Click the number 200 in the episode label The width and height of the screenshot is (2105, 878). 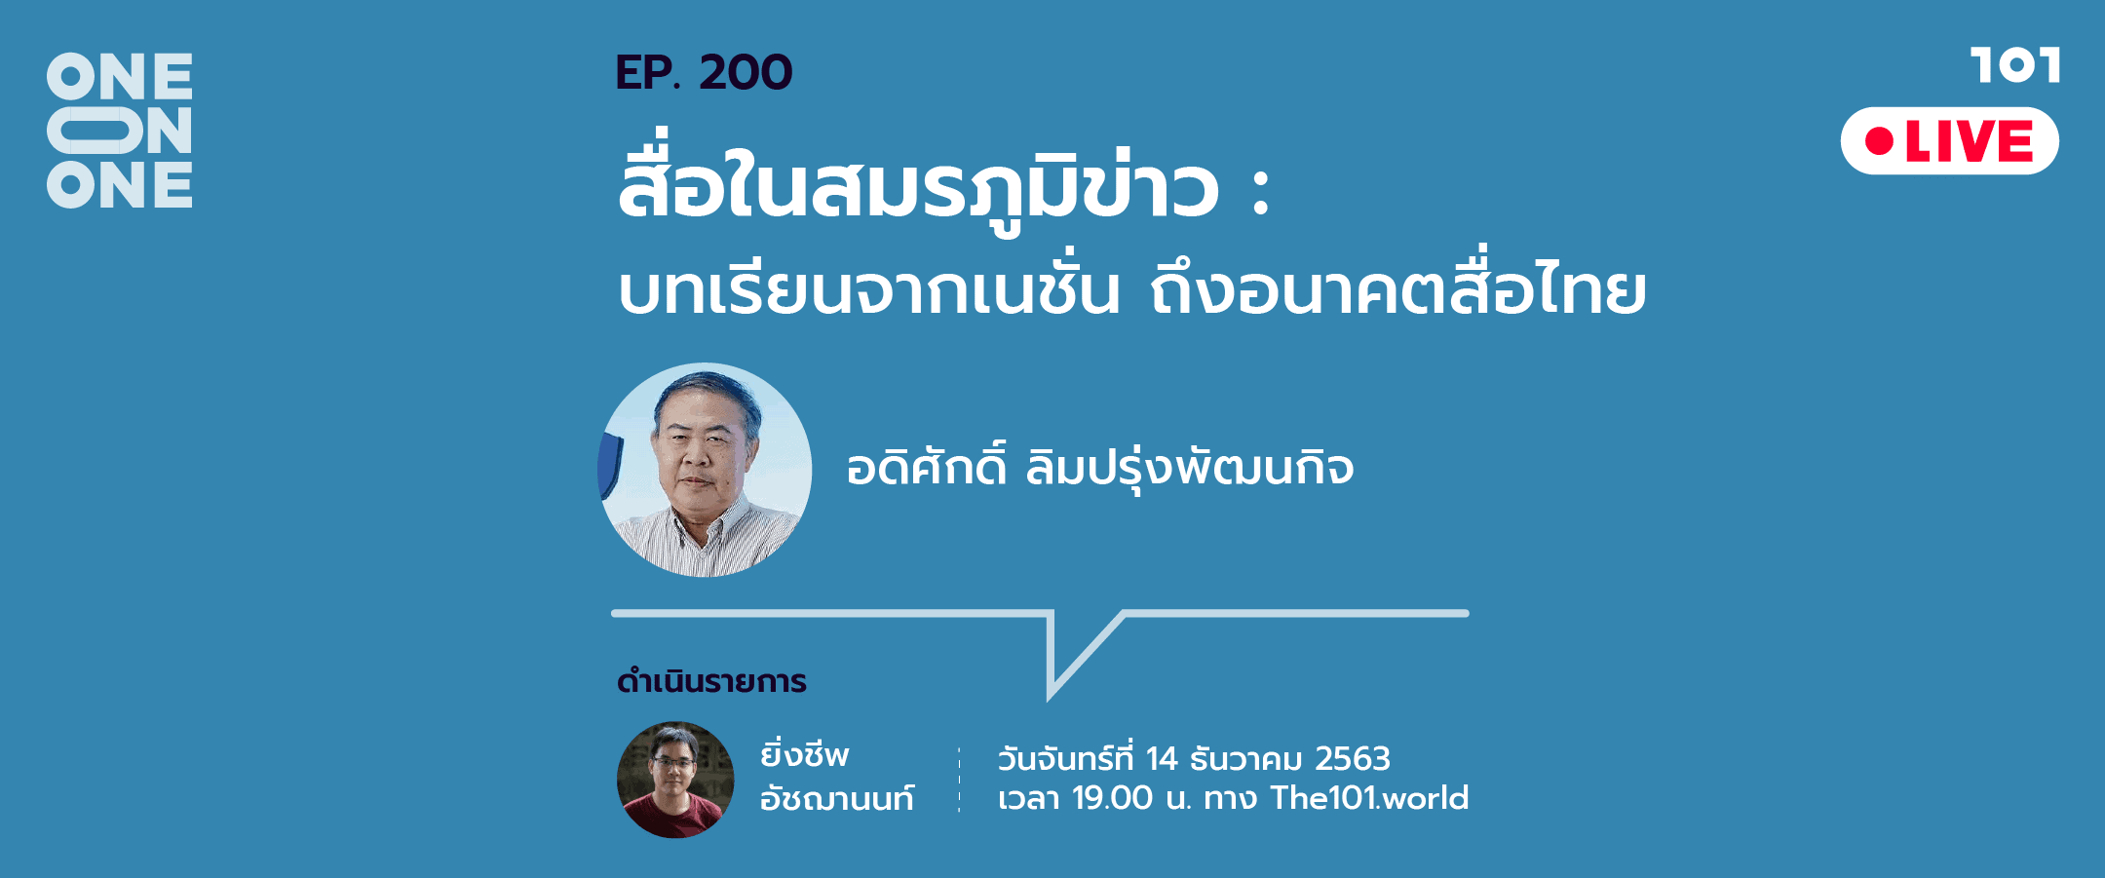(746, 73)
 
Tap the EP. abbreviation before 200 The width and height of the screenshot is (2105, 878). (648, 73)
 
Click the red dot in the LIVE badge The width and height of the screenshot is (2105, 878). (1879, 141)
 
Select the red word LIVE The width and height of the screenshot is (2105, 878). (1969, 141)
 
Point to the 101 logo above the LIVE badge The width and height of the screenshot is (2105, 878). (2014, 65)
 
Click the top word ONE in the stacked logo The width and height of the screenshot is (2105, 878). (119, 77)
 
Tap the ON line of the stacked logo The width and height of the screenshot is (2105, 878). (119, 131)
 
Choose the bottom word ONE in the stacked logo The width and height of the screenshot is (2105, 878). (119, 184)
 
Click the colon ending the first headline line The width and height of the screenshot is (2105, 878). (1261, 192)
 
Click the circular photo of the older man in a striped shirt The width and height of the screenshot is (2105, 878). (705, 470)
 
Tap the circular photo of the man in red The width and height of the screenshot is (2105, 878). (675, 780)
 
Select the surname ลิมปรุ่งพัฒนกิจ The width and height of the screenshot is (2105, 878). (1190, 467)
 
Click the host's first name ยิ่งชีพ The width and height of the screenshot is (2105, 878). (805, 753)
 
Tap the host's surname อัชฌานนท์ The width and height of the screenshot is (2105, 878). (837, 798)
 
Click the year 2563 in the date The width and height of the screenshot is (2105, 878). (1353, 758)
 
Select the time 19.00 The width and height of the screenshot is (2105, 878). (1112, 798)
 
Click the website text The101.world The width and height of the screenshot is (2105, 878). (1369, 798)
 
